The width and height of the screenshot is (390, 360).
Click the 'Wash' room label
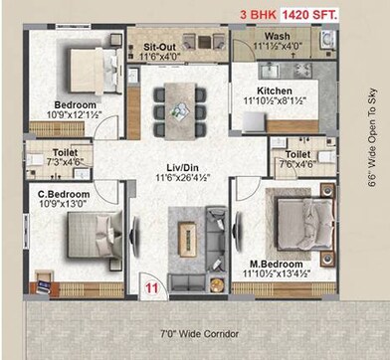tap(264, 37)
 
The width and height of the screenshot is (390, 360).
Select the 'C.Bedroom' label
tap(65, 193)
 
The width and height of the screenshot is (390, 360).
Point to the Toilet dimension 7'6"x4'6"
tap(299, 166)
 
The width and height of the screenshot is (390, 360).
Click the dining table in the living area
tap(180, 106)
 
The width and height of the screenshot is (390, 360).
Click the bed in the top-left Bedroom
tap(91, 67)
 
